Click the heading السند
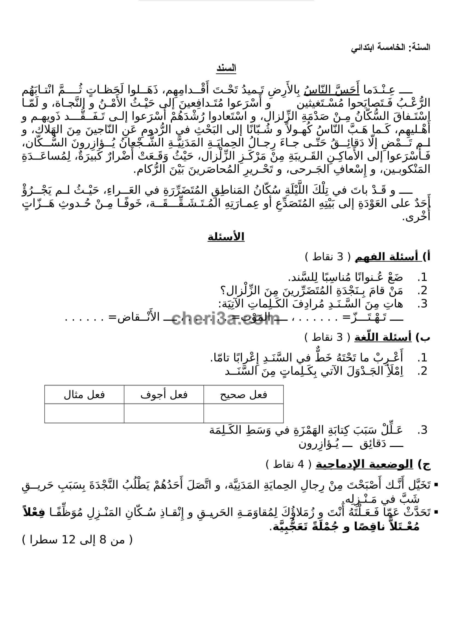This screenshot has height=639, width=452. (x=226, y=69)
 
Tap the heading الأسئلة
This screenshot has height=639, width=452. (x=226, y=237)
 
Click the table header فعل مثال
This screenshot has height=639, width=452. (x=84, y=395)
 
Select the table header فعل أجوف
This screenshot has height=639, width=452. (x=164, y=395)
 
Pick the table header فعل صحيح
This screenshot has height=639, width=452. (x=243, y=395)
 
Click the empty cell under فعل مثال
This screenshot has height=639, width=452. (x=84, y=413)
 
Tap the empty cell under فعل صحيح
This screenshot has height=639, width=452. (x=243, y=413)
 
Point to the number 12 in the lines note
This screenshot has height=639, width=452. (x=69, y=540)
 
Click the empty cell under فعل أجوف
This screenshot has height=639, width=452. (x=164, y=413)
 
